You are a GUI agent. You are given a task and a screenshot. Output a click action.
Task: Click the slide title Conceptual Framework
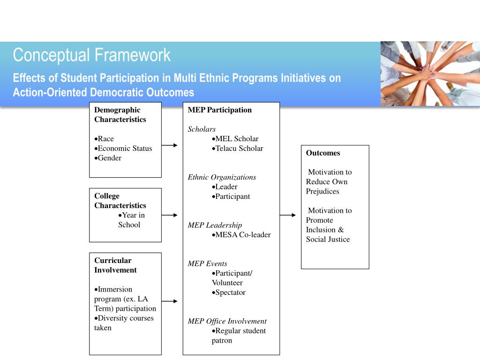click(x=92, y=55)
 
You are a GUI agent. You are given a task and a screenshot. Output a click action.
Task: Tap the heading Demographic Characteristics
click(x=120, y=114)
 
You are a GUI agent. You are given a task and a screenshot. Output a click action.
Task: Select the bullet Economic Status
click(x=123, y=148)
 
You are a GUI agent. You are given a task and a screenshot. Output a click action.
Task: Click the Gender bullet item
click(x=108, y=158)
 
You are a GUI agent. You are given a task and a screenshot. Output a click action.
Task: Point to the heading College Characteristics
click(x=120, y=201)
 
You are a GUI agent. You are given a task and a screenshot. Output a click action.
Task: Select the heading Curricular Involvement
click(x=115, y=265)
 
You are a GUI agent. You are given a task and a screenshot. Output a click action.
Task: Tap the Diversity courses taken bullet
click(x=124, y=322)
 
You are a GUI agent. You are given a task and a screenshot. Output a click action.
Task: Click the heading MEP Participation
click(x=220, y=110)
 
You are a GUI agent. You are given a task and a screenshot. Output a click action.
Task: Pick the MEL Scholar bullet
click(x=235, y=139)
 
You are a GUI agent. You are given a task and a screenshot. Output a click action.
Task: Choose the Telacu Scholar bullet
click(x=237, y=148)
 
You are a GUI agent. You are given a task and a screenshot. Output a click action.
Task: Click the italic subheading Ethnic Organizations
click(x=222, y=177)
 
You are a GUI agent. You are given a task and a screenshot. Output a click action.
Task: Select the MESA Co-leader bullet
click(x=241, y=235)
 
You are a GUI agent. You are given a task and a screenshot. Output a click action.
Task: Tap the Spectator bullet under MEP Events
click(x=229, y=292)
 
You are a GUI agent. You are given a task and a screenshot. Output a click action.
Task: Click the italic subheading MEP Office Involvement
click(x=227, y=321)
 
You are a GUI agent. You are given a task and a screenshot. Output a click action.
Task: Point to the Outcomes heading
click(x=323, y=153)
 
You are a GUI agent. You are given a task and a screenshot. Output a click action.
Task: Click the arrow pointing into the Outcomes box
click(x=288, y=215)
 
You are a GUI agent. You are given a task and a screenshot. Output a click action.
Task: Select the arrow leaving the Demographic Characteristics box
click(x=170, y=145)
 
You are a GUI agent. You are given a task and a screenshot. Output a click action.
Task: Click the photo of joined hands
click(x=430, y=73)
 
